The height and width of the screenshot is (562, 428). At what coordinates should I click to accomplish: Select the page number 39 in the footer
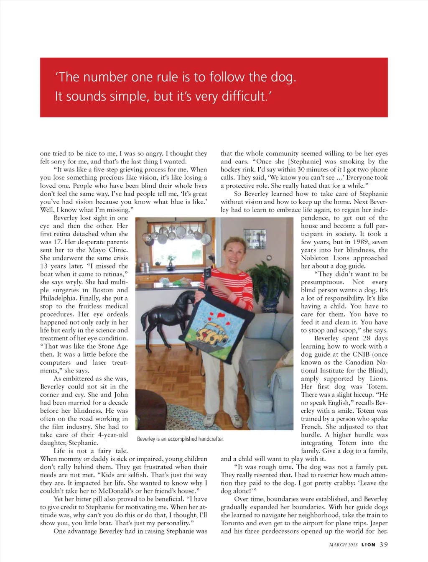384,544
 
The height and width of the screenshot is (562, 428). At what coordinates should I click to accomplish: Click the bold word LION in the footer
368,545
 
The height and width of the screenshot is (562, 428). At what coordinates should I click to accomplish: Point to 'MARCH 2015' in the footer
343,545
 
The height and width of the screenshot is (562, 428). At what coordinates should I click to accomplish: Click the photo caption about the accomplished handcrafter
180,439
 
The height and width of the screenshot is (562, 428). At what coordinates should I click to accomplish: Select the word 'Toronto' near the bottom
232,524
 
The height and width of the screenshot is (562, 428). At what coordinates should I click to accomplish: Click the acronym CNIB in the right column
361,355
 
